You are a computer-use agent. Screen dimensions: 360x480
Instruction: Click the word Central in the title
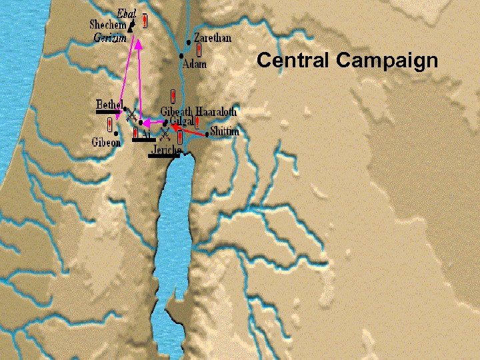click(x=294, y=61)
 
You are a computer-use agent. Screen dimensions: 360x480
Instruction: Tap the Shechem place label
click(x=107, y=25)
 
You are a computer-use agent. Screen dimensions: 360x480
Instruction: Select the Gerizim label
click(x=110, y=38)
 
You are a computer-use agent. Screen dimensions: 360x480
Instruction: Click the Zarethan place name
click(x=213, y=38)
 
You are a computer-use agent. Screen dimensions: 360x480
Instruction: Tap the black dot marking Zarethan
click(x=189, y=41)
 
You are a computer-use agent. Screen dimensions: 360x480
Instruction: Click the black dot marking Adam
click(x=182, y=55)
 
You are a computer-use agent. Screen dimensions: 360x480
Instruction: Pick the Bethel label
click(x=109, y=104)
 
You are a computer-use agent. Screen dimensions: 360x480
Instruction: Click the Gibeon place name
click(x=106, y=142)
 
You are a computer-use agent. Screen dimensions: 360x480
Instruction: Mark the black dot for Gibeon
click(x=117, y=133)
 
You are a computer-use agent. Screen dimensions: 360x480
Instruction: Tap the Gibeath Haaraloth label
click(x=199, y=111)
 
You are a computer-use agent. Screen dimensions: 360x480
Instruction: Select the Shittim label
click(x=225, y=132)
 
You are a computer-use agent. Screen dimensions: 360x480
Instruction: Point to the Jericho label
click(x=166, y=151)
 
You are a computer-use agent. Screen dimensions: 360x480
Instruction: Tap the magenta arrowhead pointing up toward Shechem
click(x=139, y=45)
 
